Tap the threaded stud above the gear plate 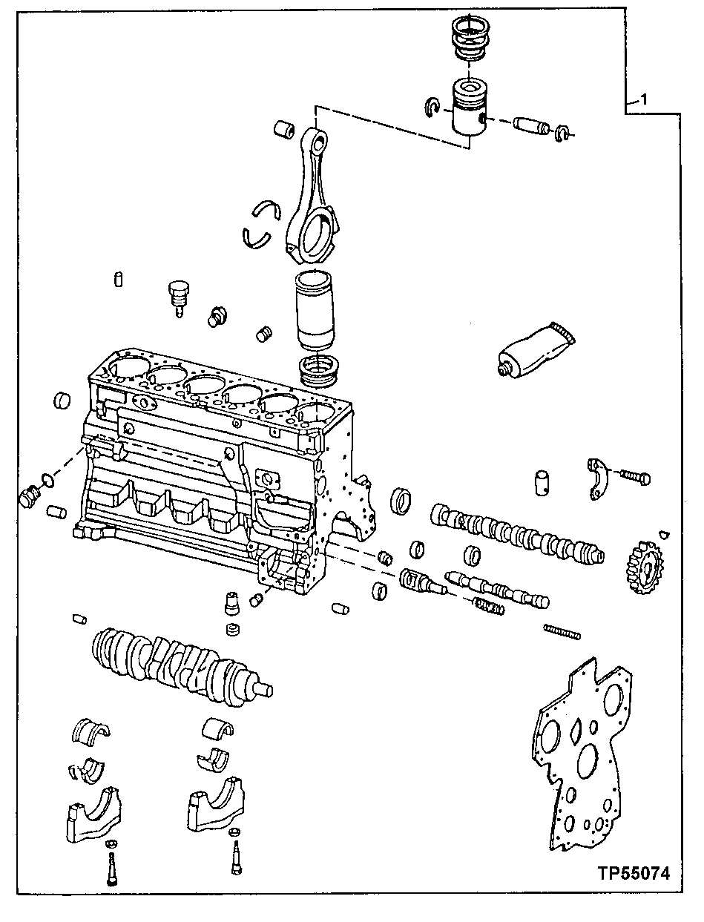(x=562, y=631)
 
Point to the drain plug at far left (x=30, y=496)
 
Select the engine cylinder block (x=215, y=467)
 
